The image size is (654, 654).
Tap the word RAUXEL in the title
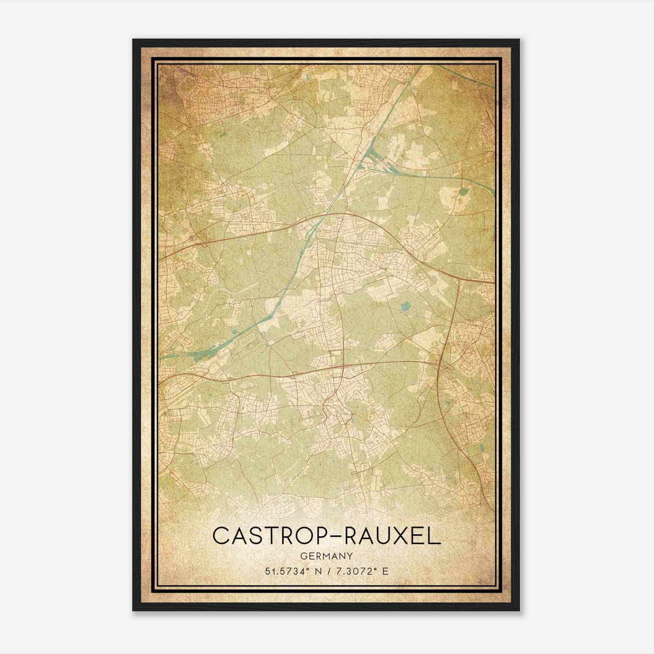point(393,535)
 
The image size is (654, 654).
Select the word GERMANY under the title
point(326,556)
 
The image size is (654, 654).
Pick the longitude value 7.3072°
point(355,571)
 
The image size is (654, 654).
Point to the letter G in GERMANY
point(303,556)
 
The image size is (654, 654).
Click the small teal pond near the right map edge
point(463,191)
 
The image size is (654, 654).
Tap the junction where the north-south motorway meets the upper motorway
point(459,278)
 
